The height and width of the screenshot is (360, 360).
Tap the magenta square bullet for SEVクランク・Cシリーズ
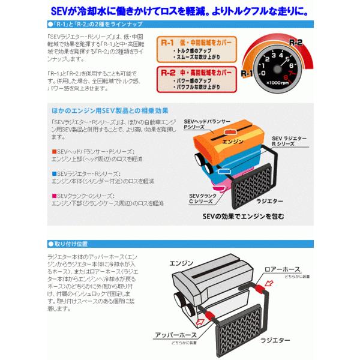point(53,196)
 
